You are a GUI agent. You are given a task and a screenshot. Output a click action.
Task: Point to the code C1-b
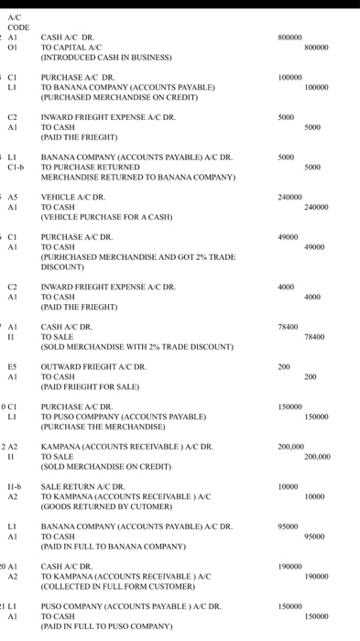tap(16, 168)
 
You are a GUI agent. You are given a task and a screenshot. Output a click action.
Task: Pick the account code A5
tap(16, 196)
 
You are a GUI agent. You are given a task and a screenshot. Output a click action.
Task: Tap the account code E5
tap(16, 366)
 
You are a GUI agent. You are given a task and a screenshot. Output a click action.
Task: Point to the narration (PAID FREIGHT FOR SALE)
tap(91, 387)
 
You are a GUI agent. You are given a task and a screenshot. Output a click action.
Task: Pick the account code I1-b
tap(16, 485)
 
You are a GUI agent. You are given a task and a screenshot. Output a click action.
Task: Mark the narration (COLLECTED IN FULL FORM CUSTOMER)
tap(119, 587)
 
